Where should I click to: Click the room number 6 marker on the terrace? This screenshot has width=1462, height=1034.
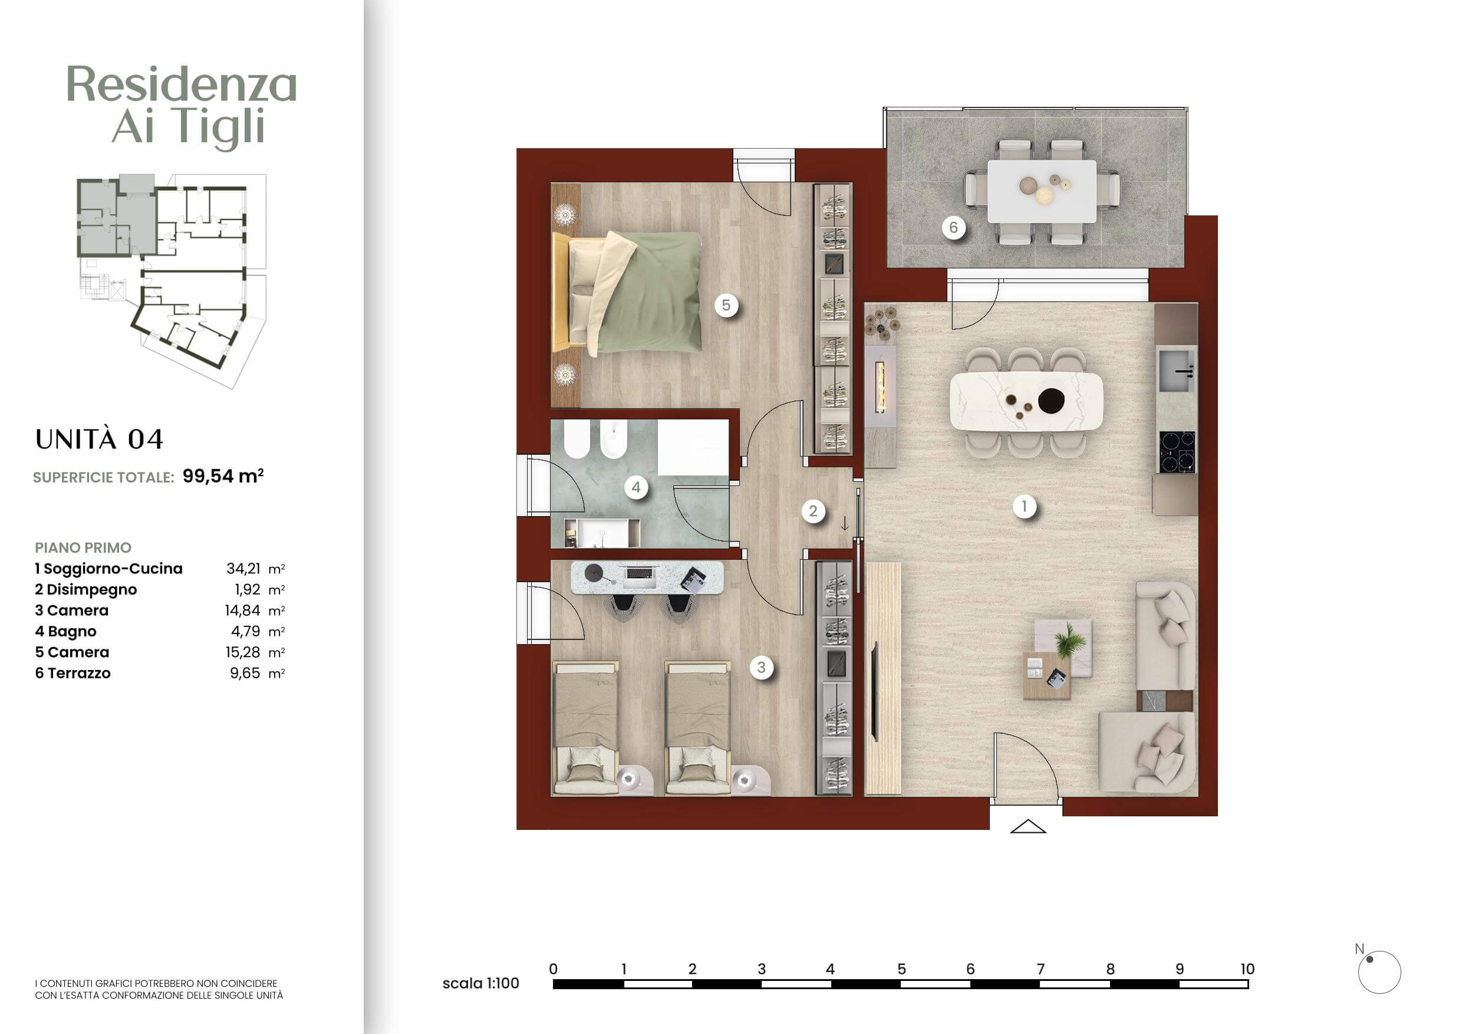953,228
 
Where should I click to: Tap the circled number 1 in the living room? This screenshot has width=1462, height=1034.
1024,507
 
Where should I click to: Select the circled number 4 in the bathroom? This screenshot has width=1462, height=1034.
635,488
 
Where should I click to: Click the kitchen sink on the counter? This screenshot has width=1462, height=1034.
1177,369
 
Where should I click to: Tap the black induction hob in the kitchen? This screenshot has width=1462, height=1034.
1177,452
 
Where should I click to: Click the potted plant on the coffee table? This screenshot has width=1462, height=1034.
1070,639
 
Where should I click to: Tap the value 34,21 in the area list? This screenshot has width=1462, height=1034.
243,568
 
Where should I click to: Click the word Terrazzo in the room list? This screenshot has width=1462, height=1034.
79,674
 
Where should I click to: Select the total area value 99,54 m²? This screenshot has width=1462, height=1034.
223,476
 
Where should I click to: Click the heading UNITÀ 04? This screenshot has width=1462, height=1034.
100,439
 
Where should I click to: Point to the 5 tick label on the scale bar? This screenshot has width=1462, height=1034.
901,969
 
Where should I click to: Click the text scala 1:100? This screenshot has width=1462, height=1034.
481,983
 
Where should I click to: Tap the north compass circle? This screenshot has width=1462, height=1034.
1379,972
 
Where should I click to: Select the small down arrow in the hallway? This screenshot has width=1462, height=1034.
844,524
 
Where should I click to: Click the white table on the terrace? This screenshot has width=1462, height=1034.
1042,191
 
